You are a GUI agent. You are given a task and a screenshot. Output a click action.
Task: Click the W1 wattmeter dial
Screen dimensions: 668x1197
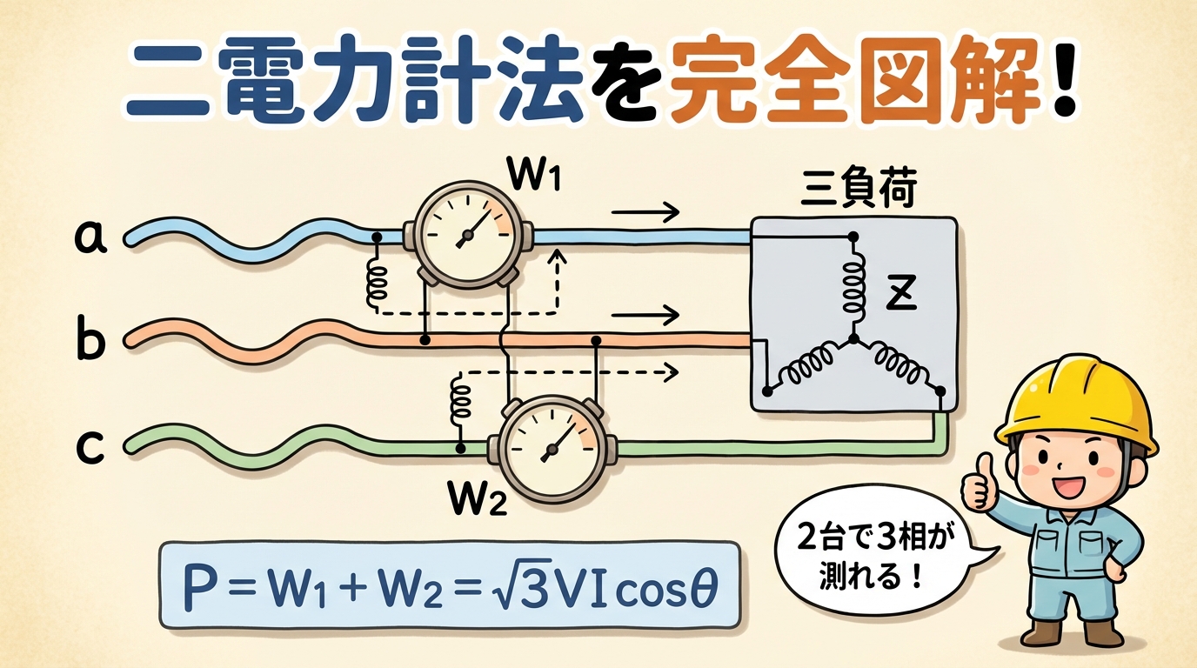[467, 233]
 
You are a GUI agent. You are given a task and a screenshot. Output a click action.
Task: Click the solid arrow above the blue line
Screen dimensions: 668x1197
[645, 210]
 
